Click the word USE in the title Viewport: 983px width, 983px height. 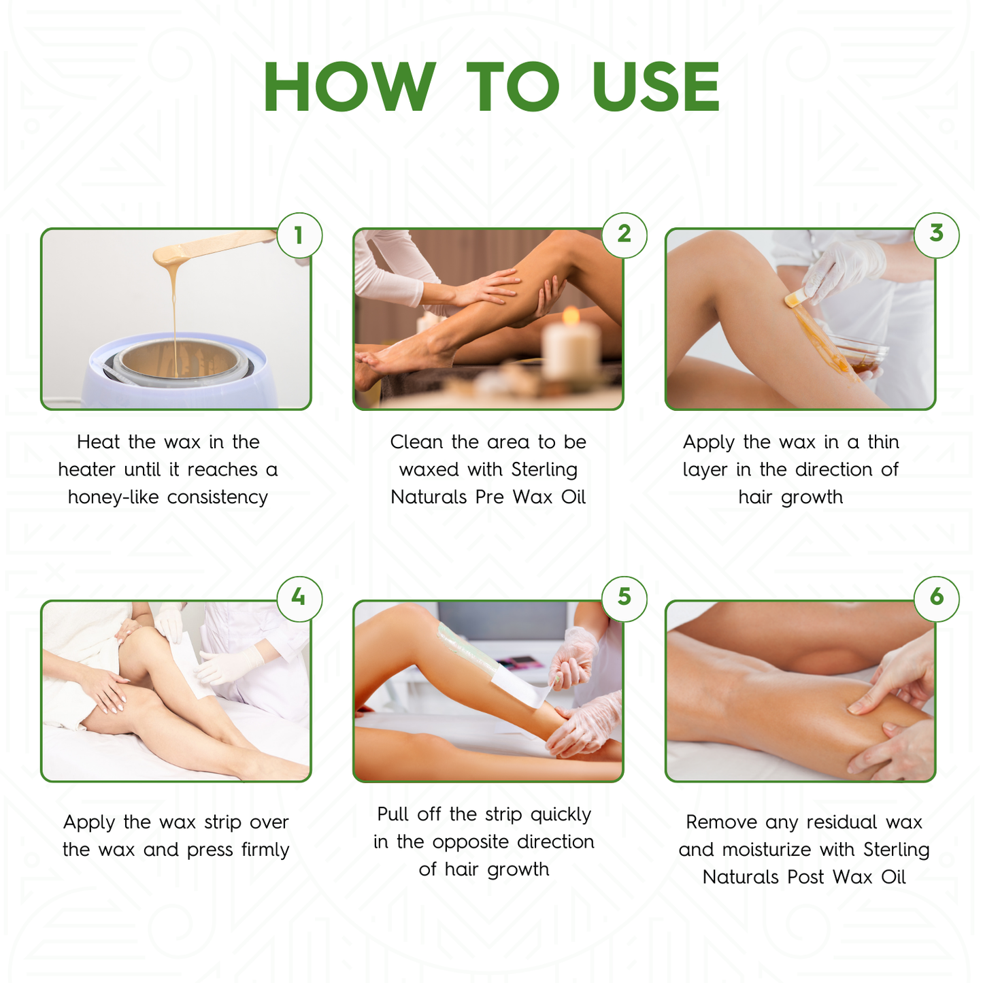point(656,87)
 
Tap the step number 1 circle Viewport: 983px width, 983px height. point(299,235)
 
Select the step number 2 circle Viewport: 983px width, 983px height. point(624,235)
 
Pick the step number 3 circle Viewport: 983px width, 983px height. point(937,235)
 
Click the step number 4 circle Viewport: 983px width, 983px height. point(299,598)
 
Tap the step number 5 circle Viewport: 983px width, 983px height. point(624,598)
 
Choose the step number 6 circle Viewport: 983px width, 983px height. point(937,598)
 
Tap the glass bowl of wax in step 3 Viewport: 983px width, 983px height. point(861,354)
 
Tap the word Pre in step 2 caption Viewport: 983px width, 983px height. point(490,497)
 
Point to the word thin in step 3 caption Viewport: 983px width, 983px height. point(883,442)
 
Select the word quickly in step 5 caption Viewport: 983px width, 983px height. point(561,815)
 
